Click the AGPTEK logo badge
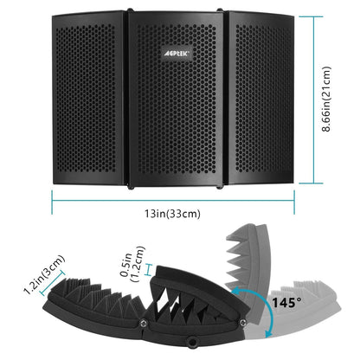176,53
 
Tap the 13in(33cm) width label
172,214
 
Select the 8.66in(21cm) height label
326,99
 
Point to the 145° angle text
286,303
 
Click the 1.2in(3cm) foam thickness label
44,274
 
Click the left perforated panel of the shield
87,98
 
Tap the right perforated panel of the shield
260,98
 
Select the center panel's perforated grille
177,100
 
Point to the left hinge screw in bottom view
143,324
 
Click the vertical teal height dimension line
314,100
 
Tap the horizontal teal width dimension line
173,200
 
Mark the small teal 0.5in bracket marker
149,270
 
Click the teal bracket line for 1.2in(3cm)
52,283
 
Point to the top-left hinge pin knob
130,10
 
